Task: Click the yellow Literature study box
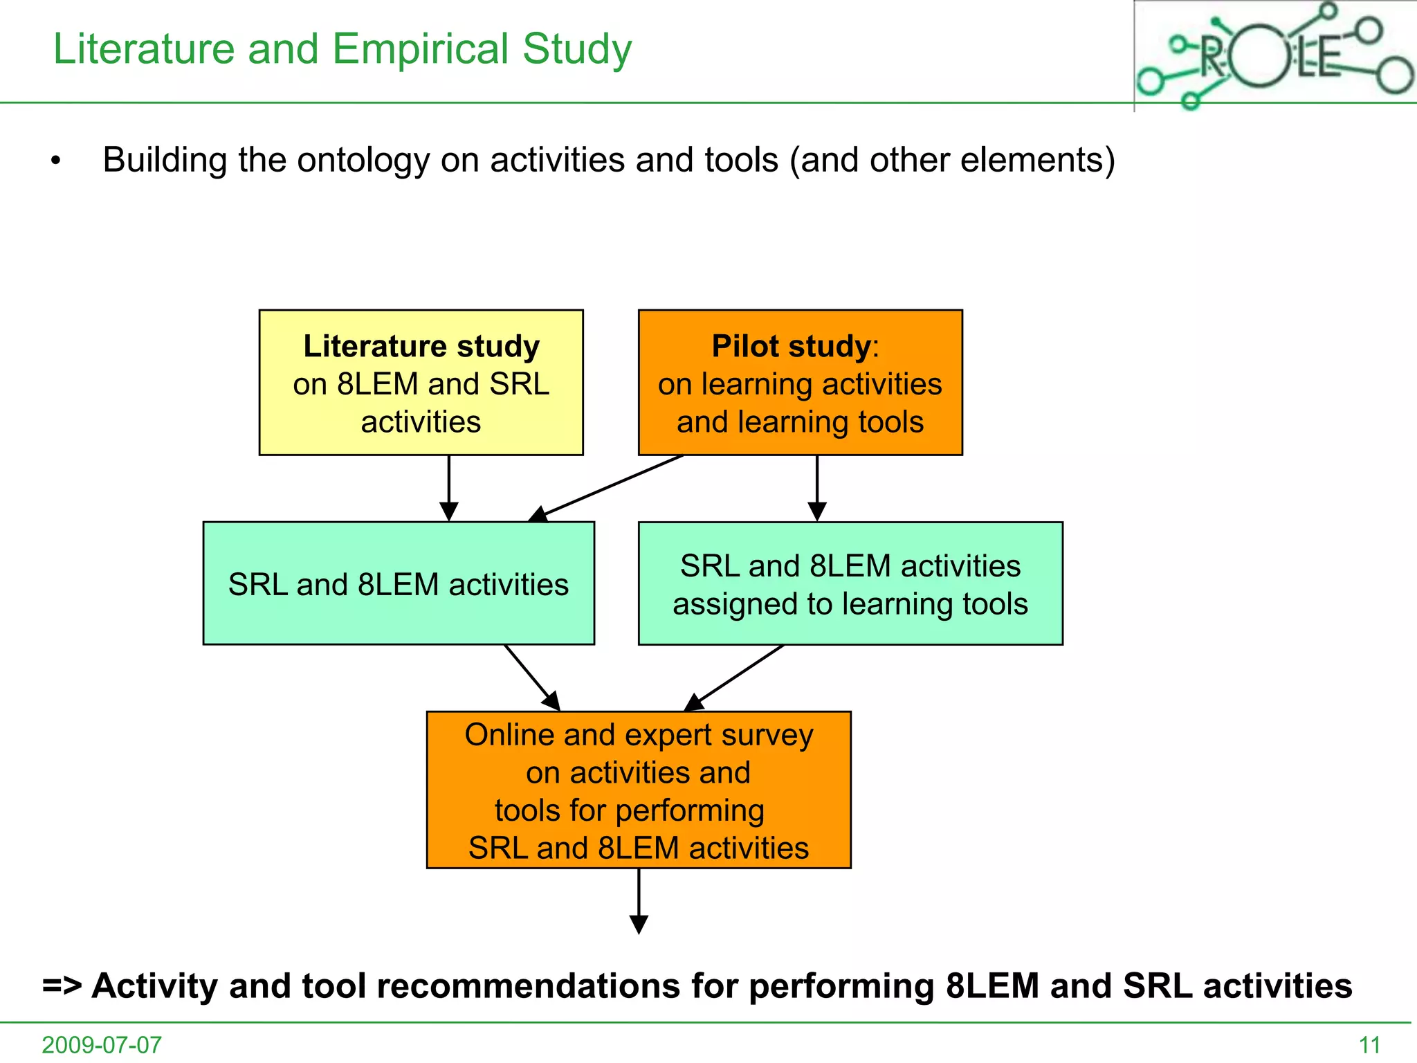tap(421, 383)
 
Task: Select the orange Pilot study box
tap(800, 383)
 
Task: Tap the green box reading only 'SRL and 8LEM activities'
tap(399, 583)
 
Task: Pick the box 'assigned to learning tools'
tap(850, 583)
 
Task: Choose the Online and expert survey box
tap(639, 790)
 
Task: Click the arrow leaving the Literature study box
tap(449, 488)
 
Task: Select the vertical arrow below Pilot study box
tap(817, 488)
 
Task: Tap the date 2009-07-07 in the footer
tap(102, 1044)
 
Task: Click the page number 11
tap(1370, 1044)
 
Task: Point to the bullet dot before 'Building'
tap(56, 162)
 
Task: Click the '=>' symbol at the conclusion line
tap(62, 985)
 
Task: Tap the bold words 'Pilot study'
tap(791, 346)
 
